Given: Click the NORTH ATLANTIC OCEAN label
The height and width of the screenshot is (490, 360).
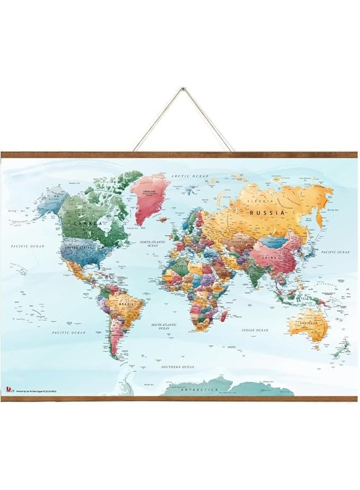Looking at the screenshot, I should [153, 244].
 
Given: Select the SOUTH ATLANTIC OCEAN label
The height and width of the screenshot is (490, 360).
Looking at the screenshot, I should [164, 326].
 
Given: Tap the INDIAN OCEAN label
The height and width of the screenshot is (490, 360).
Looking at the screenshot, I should [255, 330].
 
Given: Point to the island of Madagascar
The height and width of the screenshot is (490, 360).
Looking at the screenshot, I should [225, 316].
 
